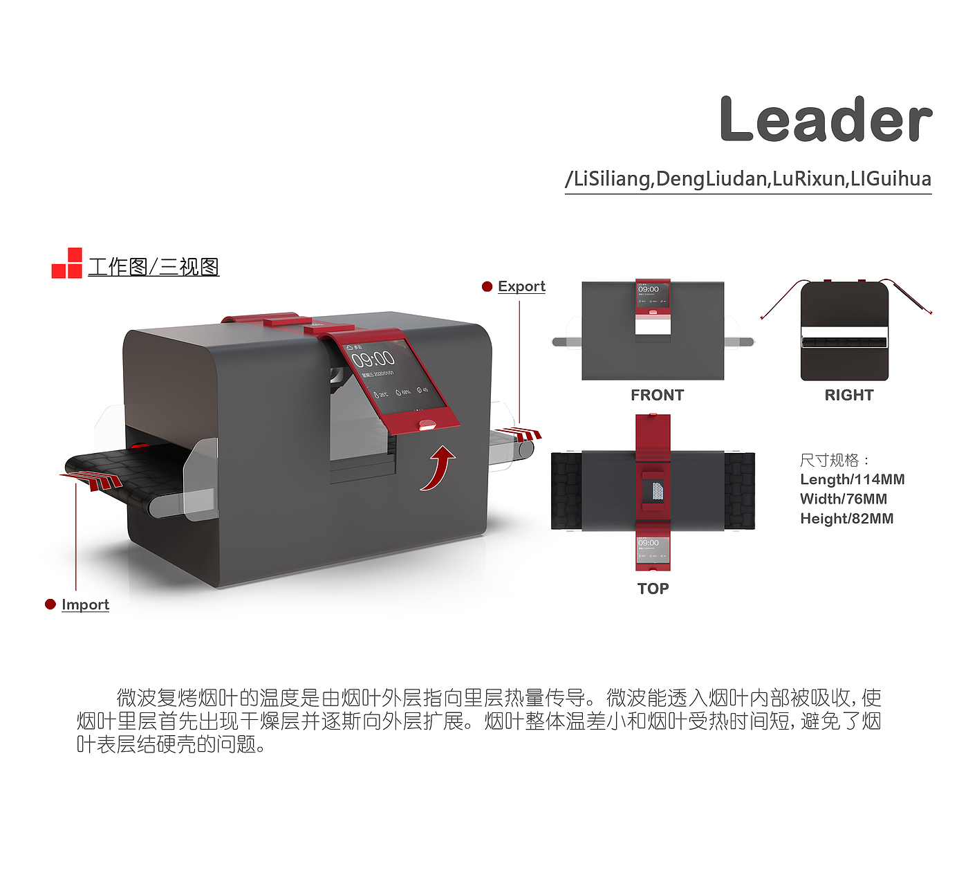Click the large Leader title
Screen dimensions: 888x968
(x=826, y=120)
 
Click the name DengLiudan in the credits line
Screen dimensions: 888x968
(x=711, y=179)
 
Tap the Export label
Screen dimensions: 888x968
(x=521, y=286)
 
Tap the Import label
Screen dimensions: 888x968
(x=85, y=604)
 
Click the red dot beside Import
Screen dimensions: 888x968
(x=50, y=604)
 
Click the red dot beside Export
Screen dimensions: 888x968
(x=487, y=286)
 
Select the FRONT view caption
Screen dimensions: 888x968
(x=657, y=395)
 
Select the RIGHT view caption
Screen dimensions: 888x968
(x=848, y=395)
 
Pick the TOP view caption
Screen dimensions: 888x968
(x=653, y=589)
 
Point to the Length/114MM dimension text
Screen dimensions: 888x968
(x=852, y=479)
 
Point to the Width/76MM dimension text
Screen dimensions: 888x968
(x=843, y=499)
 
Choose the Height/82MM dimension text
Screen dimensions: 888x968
(x=846, y=518)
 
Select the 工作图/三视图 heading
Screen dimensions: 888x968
(x=153, y=266)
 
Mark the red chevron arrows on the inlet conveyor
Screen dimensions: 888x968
(x=93, y=479)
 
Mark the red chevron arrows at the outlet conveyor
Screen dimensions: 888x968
(x=522, y=434)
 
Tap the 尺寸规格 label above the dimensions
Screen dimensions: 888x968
(x=833, y=460)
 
